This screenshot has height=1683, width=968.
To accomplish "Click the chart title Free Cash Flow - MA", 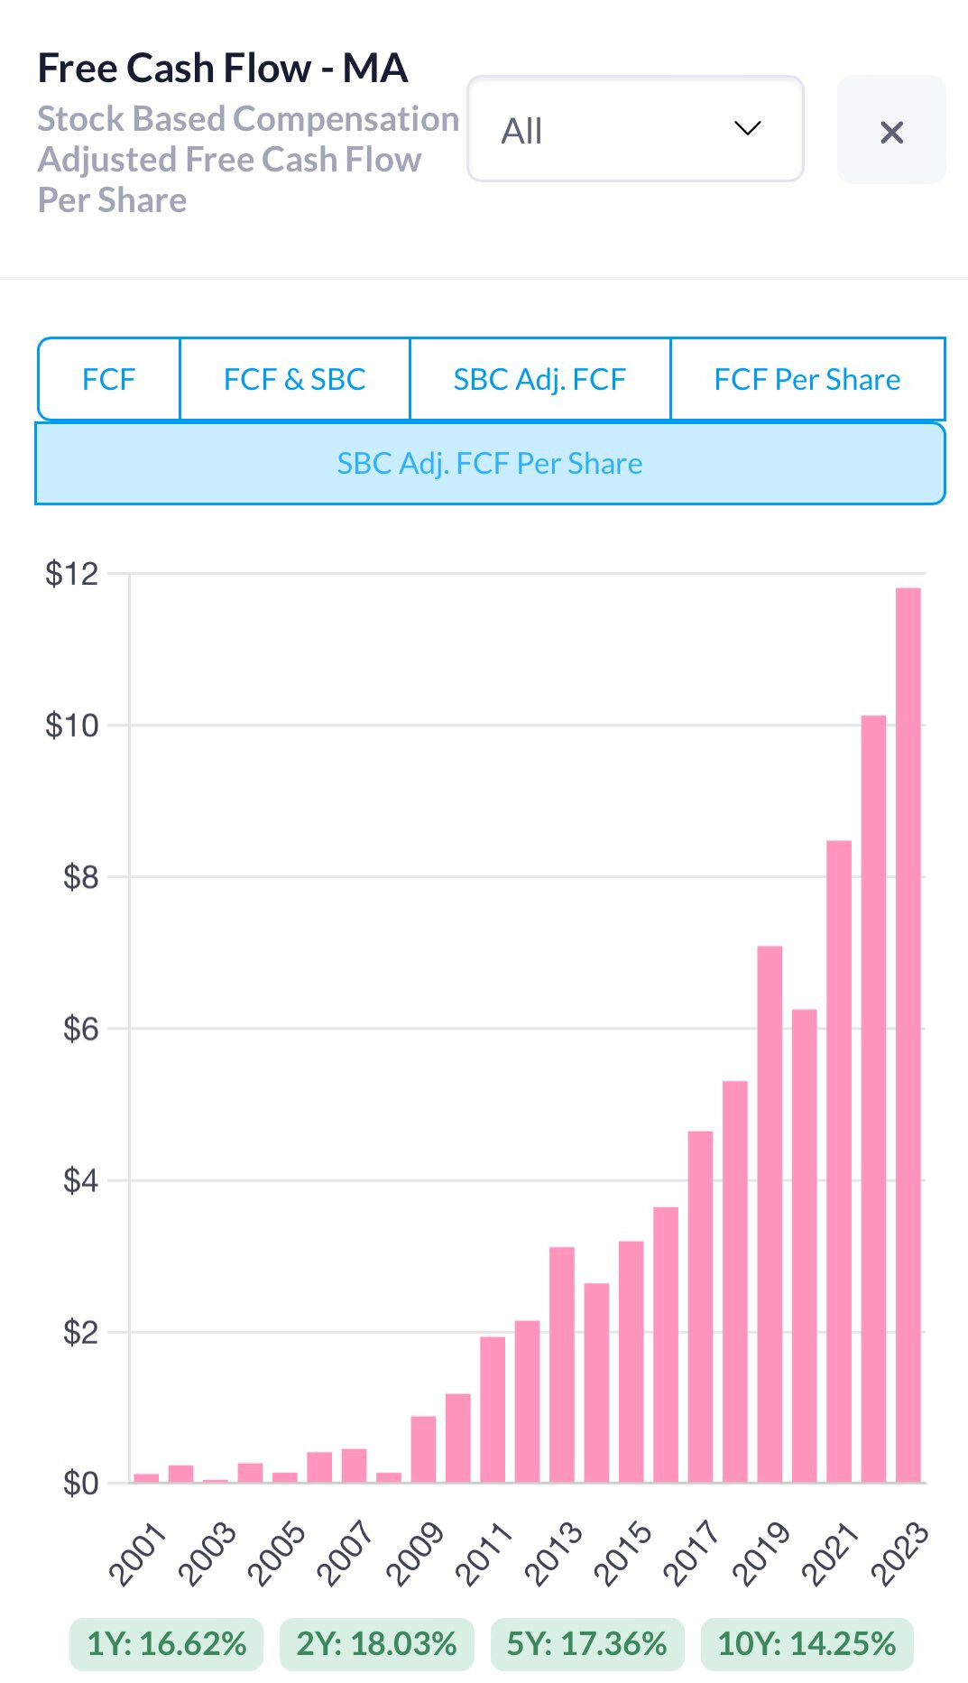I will (223, 69).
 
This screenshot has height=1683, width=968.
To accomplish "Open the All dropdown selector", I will (635, 129).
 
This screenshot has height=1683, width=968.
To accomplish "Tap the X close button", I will (891, 132).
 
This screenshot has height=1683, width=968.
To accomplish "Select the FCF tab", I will (108, 379).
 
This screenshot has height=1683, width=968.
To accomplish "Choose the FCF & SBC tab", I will (295, 379).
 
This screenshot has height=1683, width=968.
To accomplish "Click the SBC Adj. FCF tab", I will (539, 379).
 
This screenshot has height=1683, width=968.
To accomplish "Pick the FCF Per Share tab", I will (807, 379).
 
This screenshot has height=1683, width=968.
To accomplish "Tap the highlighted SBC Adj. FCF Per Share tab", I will (490, 464).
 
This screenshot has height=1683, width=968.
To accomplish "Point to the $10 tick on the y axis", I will (72, 726).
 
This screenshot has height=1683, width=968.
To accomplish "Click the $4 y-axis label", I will (79, 1180).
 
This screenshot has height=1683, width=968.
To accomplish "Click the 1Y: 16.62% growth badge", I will (166, 1643).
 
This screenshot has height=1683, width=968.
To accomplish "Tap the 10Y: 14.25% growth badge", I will (807, 1643).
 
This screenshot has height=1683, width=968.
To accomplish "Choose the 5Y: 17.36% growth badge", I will (586, 1643).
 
